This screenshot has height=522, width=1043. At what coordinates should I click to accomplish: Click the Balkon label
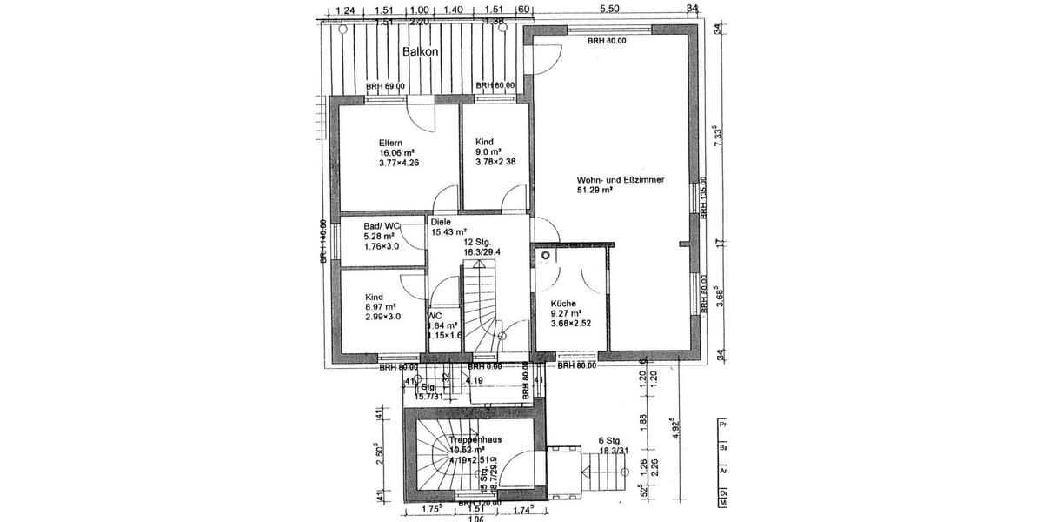pos(420,52)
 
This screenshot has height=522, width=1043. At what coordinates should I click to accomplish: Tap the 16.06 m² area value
pos(395,152)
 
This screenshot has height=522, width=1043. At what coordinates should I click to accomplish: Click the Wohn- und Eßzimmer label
pos(621,180)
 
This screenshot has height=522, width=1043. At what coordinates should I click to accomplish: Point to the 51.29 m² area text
pos(595,190)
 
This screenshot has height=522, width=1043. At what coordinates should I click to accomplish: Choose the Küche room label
pos(563,304)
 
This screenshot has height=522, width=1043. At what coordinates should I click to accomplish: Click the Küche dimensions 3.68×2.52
pos(571,324)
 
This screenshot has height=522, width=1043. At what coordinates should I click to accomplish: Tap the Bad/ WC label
pos(359,225)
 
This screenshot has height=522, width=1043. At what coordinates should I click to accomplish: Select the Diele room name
pos(441,222)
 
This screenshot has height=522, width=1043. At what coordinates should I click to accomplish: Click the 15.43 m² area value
pos(449,232)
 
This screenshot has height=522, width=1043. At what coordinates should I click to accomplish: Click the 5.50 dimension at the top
pos(609,8)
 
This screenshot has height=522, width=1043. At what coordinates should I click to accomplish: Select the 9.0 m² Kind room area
pos(490,151)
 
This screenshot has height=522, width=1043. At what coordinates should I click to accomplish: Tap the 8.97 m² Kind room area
pos(380,306)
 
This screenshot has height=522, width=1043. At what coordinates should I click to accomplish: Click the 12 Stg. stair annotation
pos(478,241)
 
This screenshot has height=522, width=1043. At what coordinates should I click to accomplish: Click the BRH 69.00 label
pos(385,86)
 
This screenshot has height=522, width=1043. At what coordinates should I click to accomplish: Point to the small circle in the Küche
pos(545,257)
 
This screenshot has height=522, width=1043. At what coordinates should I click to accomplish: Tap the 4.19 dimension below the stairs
pos(474,380)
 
